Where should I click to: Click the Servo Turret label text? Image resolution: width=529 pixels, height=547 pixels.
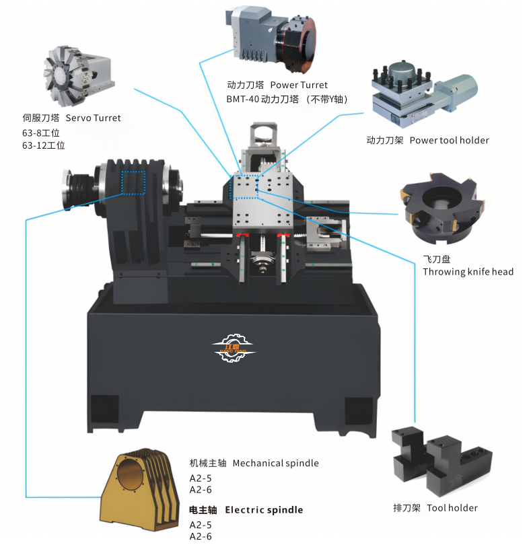point(71,118)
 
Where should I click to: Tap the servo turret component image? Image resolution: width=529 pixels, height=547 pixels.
point(79,76)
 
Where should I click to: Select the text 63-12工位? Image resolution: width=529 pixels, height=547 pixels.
point(44,145)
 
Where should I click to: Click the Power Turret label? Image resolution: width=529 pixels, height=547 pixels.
point(277,85)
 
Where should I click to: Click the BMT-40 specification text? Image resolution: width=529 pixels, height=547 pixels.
point(287,100)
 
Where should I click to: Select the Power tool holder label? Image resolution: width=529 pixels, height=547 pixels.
point(427,140)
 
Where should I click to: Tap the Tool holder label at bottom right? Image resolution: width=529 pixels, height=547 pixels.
point(435,508)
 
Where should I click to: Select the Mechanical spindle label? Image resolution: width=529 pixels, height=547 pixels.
point(254,464)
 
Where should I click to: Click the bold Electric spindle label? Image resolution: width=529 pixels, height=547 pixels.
point(246,510)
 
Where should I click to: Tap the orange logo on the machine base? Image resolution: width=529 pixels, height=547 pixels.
point(234,347)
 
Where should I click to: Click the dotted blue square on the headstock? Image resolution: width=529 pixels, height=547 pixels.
point(133,182)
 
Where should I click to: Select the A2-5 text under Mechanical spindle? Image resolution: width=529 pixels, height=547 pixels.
point(201,478)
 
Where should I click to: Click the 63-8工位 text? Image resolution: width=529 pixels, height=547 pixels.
point(41,133)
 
